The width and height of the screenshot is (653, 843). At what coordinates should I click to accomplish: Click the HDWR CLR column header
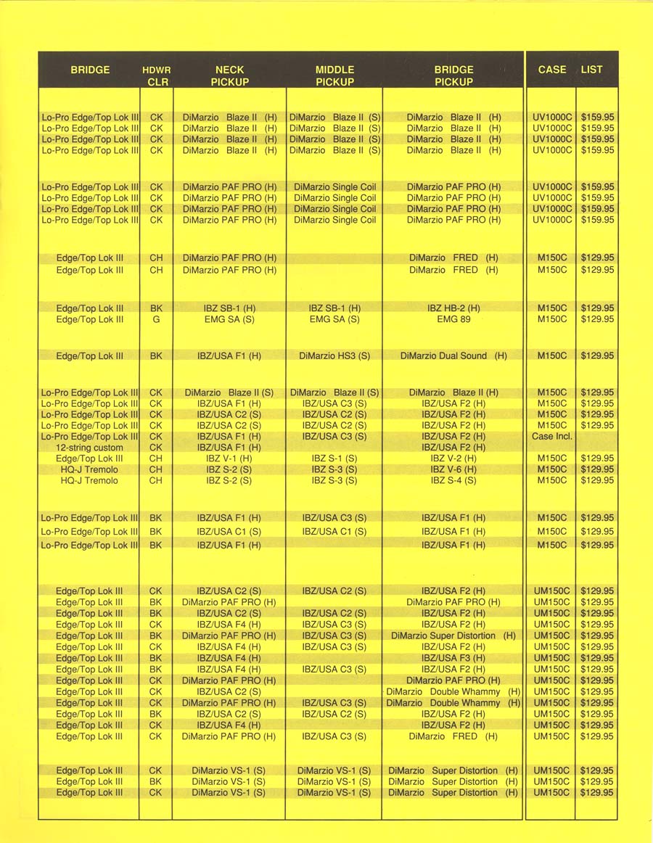click(157, 76)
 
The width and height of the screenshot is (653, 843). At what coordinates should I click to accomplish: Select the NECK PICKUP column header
click(229, 76)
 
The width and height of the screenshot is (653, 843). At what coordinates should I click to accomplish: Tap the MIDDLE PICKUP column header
click(334, 76)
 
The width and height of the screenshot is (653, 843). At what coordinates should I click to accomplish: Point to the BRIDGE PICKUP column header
click(453, 76)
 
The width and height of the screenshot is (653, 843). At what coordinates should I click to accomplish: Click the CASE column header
click(552, 70)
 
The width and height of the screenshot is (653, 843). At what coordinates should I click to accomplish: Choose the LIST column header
click(592, 70)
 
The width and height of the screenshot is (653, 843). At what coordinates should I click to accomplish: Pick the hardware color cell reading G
click(156, 319)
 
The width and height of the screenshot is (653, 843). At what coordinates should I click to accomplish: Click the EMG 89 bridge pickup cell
click(453, 319)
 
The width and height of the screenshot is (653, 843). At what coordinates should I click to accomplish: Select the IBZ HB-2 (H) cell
click(453, 308)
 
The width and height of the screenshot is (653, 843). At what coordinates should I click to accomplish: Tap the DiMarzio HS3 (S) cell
click(334, 356)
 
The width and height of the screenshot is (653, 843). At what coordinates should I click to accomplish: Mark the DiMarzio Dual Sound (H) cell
click(453, 356)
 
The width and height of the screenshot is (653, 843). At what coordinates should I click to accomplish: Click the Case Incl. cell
click(551, 437)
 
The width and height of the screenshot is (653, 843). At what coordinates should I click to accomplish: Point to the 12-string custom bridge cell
click(89, 448)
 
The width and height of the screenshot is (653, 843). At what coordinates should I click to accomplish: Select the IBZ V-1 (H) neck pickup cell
click(229, 458)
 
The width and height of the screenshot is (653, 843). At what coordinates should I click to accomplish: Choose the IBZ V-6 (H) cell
click(453, 469)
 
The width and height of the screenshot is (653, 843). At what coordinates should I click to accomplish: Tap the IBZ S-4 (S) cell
click(453, 480)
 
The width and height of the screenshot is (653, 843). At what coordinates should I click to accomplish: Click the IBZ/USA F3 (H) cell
click(453, 658)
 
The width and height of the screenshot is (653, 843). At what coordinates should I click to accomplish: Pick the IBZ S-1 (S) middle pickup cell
click(334, 458)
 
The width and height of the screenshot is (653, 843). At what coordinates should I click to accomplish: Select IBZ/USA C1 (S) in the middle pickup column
click(334, 532)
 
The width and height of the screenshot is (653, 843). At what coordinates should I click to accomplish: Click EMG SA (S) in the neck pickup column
click(229, 319)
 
